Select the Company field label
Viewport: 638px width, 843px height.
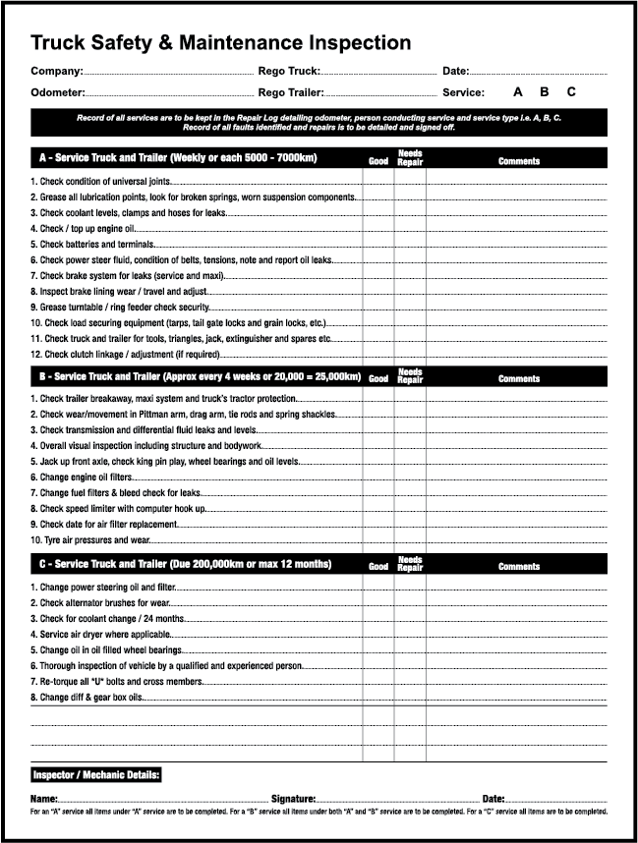56,72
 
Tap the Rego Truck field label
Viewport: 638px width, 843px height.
289,72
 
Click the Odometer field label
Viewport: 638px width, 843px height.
58,92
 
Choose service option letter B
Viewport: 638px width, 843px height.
545,92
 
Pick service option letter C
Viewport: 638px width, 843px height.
571,92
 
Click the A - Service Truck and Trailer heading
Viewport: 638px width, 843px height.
178,158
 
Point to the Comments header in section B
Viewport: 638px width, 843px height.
518,379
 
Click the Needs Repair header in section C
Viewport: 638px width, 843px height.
410,565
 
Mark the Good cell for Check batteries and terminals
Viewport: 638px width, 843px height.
378,245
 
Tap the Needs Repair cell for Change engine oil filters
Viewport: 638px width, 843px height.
410,477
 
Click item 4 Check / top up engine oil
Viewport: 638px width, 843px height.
84,229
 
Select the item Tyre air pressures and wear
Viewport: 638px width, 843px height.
90,540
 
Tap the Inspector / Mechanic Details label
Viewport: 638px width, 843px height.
96,776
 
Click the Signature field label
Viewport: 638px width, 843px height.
293,800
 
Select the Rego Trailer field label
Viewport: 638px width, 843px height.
291,92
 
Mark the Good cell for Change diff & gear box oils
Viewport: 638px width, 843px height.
378,698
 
